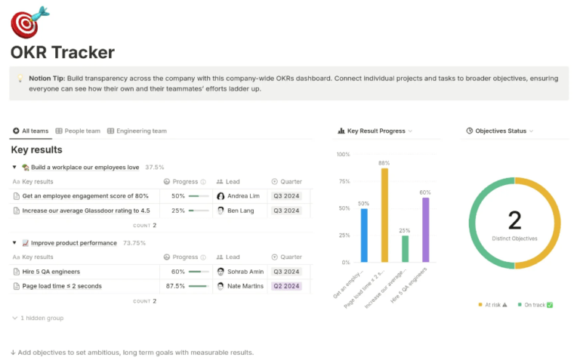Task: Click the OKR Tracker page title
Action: [63, 52]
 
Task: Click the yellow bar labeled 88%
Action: [384, 215]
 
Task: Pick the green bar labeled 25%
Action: [405, 249]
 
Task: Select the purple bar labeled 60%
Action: [425, 230]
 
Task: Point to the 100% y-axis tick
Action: [343, 155]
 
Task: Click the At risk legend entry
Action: [492, 304]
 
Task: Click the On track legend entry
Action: [535, 304]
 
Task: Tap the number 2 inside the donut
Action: [514, 220]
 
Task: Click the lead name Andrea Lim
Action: [243, 196]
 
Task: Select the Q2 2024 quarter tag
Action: [286, 286]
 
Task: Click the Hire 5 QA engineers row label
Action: [51, 272]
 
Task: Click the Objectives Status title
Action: [501, 131]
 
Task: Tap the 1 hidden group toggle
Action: [42, 318]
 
